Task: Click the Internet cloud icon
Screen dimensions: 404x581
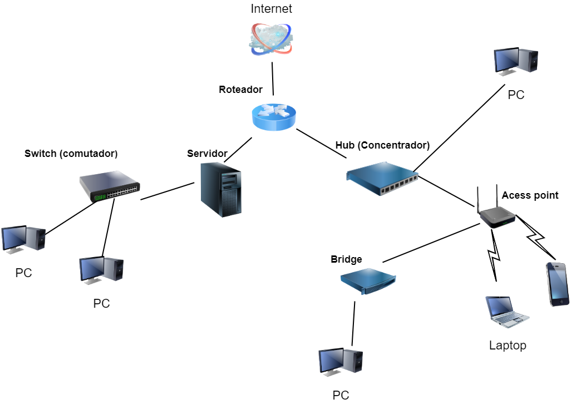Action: pos(271,39)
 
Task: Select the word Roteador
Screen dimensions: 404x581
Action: pos(240,90)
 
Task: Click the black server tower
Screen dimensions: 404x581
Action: pos(221,189)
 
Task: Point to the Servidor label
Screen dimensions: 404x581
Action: pos(207,153)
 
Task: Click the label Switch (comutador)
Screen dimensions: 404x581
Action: pos(71,153)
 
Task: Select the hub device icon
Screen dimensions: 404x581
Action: pos(382,177)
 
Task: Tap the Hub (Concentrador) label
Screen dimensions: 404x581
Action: pos(382,145)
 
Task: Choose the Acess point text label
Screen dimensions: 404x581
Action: pos(530,195)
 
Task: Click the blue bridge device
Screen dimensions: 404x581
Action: pos(368,280)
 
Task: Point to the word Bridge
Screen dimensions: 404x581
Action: pos(346,259)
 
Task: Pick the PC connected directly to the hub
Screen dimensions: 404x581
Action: pos(516,61)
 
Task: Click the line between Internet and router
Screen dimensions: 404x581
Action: pos(273,78)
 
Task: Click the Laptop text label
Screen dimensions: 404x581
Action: pos(508,346)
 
